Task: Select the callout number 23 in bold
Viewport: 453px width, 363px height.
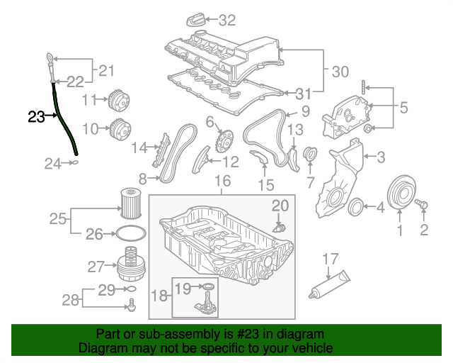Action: [36, 116]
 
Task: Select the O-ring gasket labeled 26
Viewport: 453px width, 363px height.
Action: [128, 233]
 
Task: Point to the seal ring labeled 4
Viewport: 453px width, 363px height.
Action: [358, 207]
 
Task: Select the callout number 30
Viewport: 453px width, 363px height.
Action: [340, 71]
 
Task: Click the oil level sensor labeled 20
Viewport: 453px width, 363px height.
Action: [279, 228]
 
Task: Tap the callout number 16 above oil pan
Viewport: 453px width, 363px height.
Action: [223, 181]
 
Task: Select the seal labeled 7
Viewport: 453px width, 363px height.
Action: [309, 155]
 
